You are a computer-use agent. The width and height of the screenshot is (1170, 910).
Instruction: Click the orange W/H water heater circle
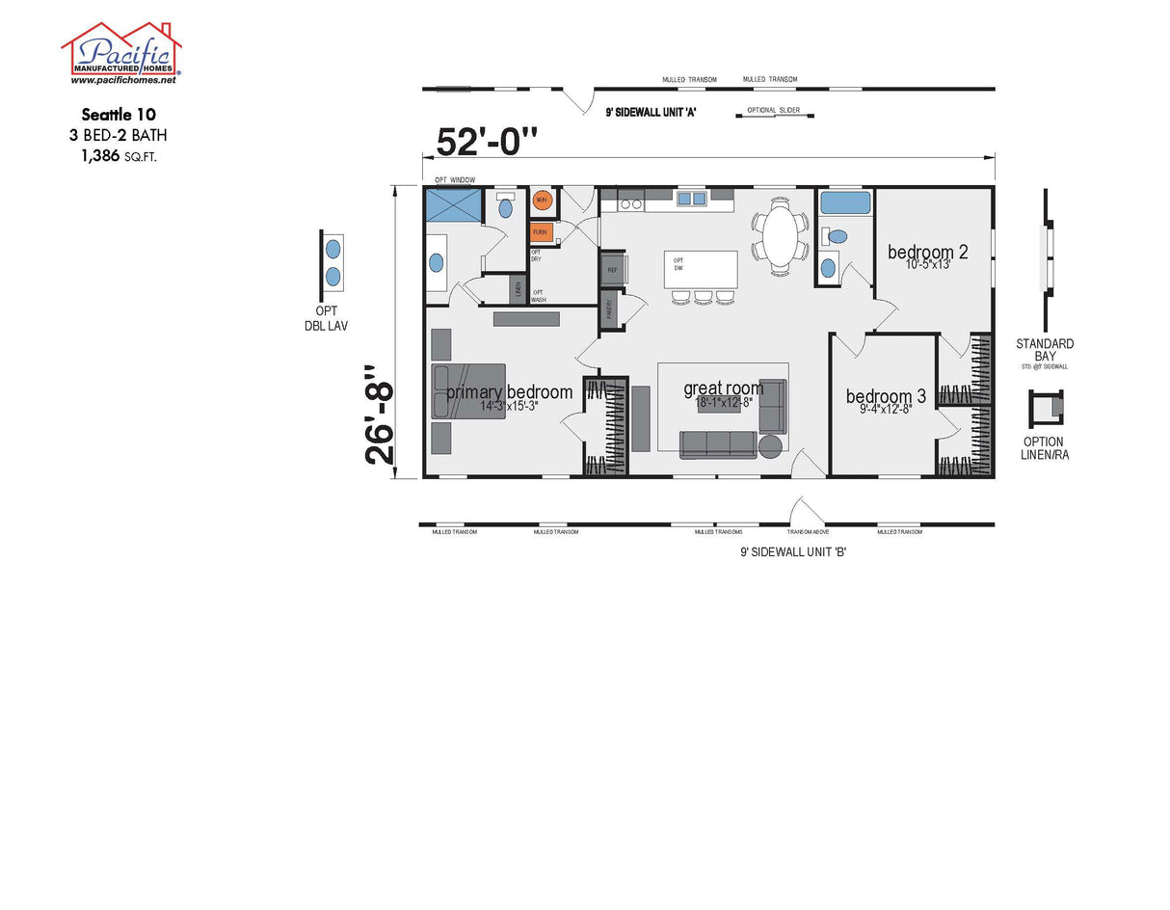[x=542, y=201]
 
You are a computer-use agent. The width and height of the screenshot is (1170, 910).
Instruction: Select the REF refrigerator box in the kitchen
[x=612, y=270]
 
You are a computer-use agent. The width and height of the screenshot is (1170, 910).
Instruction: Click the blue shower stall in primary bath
[x=452, y=205]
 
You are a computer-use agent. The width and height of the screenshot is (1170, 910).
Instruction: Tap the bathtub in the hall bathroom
[x=845, y=202]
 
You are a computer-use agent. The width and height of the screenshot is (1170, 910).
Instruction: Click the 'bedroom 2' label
[x=927, y=253]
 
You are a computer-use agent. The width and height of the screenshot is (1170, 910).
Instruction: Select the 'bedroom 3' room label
[x=886, y=396]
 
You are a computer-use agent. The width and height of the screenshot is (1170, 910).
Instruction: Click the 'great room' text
[x=723, y=388]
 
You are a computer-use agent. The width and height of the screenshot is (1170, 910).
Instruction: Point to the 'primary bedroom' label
[x=509, y=392]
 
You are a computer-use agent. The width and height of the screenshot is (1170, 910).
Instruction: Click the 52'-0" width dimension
[x=487, y=141]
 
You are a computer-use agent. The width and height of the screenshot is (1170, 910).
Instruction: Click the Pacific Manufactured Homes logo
[x=121, y=53]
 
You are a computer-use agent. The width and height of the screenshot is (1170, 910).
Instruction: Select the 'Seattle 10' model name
[x=120, y=115]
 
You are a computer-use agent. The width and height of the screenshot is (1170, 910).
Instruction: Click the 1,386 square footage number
[x=100, y=155]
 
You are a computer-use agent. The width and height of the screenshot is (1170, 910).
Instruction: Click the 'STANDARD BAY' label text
[x=1045, y=350]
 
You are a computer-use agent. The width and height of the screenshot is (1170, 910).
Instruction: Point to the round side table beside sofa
[x=771, y=446]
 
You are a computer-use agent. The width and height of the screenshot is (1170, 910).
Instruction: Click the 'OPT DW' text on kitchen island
[x=678, y=264]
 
